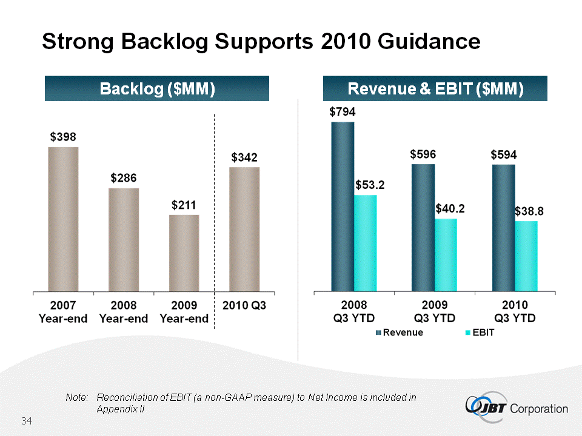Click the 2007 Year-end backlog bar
tap(63, 219)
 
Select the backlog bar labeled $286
tap(124, 239)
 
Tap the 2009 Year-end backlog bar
tap(184, 253)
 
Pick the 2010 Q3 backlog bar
tap(244, 229)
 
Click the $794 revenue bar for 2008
tap(343, 206)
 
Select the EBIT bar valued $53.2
tap(366, 243)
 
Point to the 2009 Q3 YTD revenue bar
tap(423, 227)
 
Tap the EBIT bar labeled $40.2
tap(446, 254)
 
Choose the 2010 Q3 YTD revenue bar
tap(504, 227)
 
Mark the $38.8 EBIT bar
tap(526, 256)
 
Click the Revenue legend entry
tap(400, 332)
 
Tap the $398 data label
tap(63, 137)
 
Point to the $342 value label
tap(244, 157)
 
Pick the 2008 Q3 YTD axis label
tap(354, 311)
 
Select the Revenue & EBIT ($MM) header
tap(435, 88)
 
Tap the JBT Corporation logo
tap(515, 408)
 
